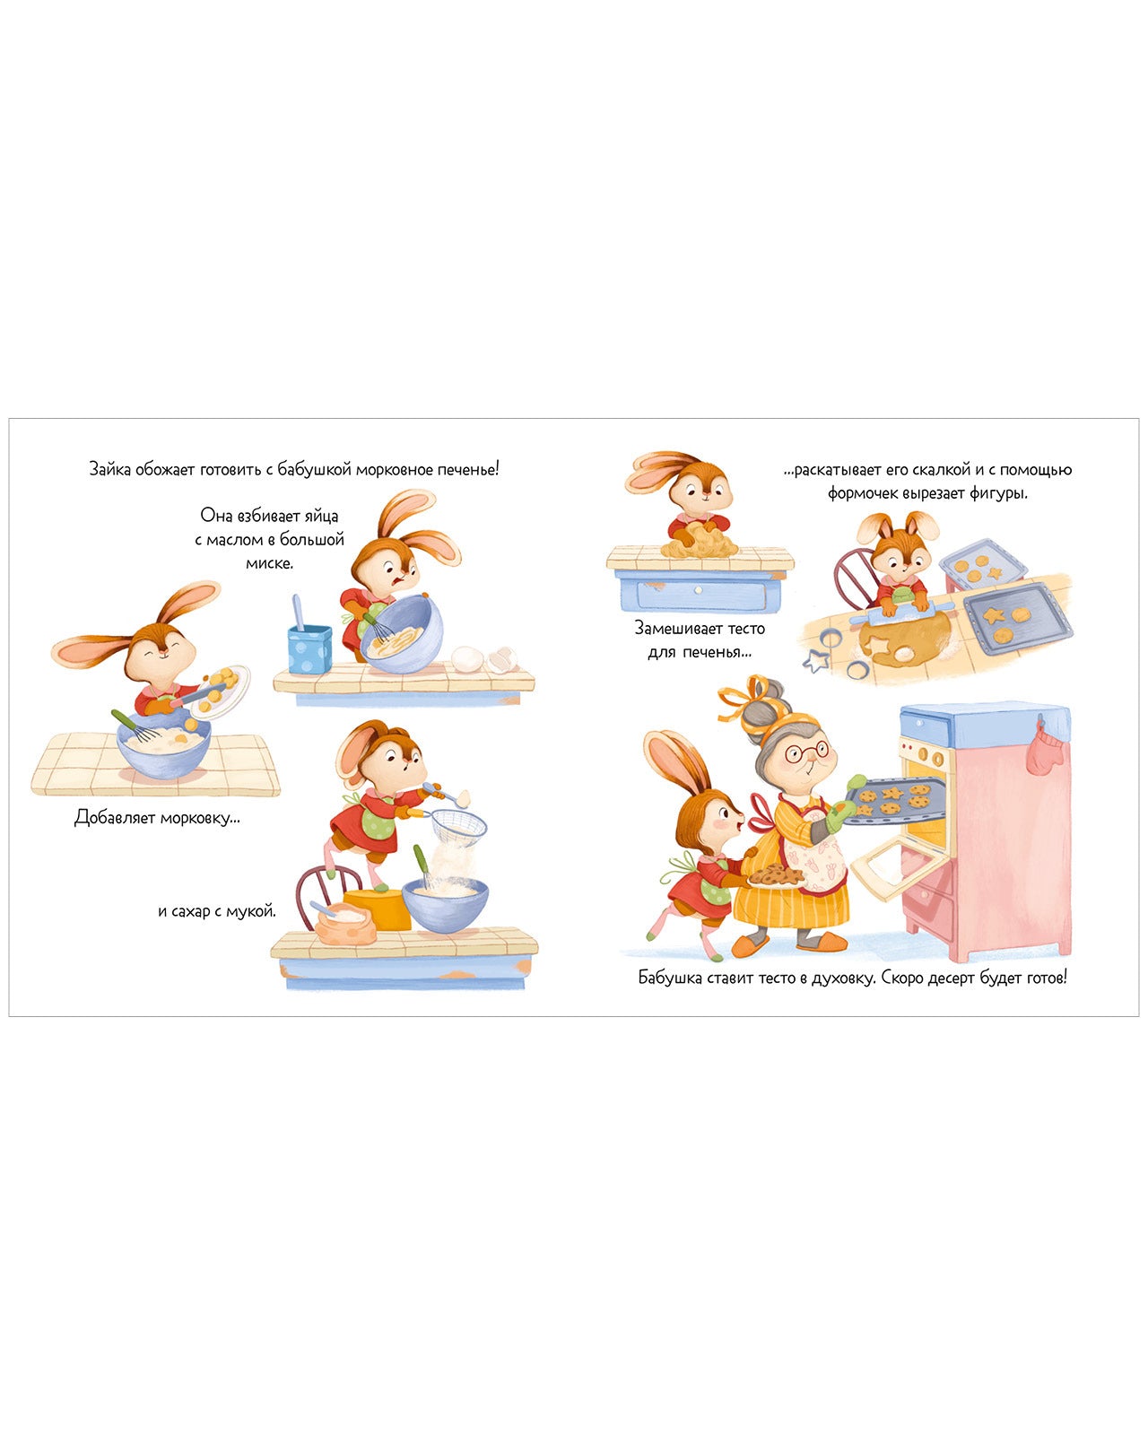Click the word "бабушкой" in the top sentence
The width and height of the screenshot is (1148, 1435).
pyautogui.click(x=314, y=469)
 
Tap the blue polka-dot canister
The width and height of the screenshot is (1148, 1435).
pyautogui.click(x=309, y=648)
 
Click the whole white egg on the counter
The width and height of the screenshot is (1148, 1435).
pyautogui.click(x=467, y=659)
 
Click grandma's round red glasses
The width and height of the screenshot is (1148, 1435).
pyautogui.click(x=807, y=752)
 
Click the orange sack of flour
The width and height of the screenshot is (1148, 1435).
pyautogui.click(x=343, y=924)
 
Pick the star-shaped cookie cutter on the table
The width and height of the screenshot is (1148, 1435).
pyautogui.click(x=816, y=662)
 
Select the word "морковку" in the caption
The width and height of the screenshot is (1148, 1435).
pyautogui.click(x=200, y=818)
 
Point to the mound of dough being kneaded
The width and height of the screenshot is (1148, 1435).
pyautogui.click(x=700, y=541)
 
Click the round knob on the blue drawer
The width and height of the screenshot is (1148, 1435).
pyautogui.click(x=698, y=590)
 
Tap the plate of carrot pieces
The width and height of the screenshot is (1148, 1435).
pyautogui.click(x=221, y=691)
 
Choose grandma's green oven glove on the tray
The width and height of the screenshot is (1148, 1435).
pyautogui.click(x=841, y=814)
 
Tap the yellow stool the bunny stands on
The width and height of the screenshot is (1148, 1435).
pyautogui.click(x=377, y=909)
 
